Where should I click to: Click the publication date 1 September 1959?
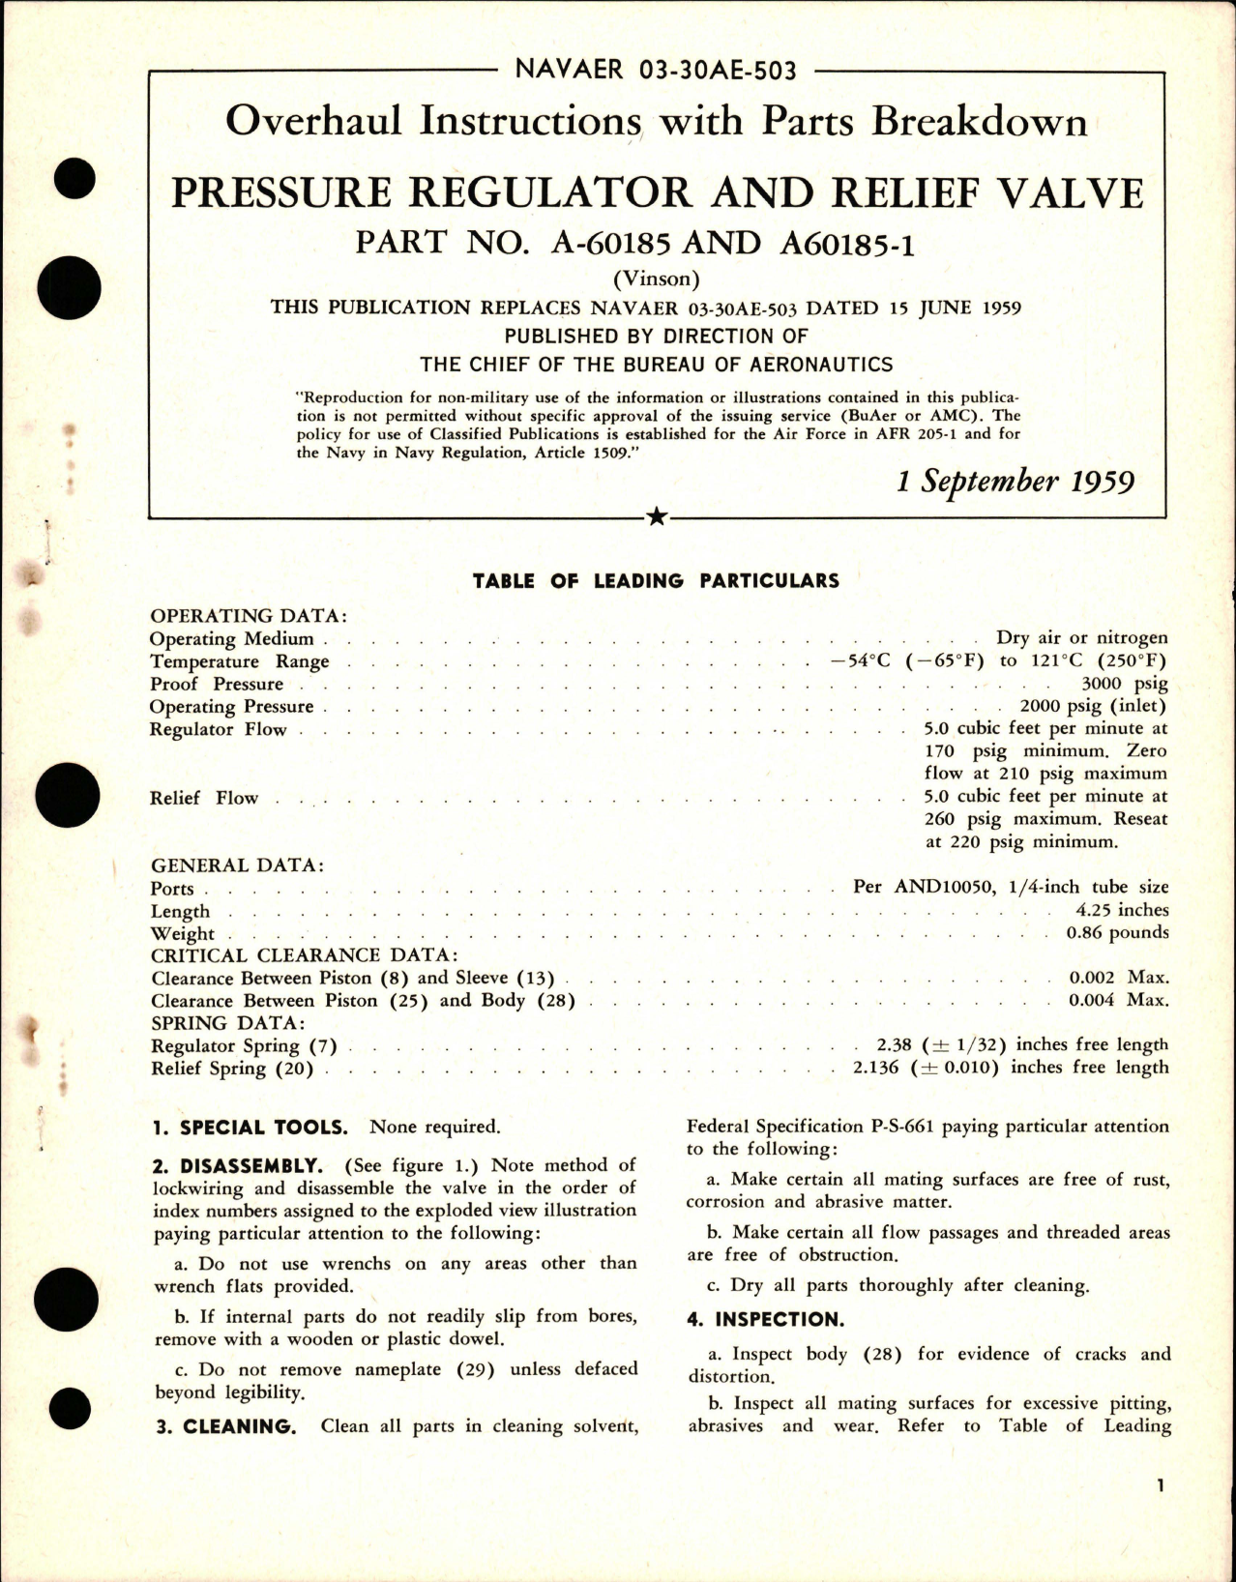[x=1015, y=482]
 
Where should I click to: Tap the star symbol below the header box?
[x=657, y=517]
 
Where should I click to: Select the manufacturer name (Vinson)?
[x=657, y=279]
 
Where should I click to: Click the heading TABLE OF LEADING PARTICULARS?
[x=656, y=581]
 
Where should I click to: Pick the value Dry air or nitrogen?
[x=1081, y=638]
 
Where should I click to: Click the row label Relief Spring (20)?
[x=232, y=1069]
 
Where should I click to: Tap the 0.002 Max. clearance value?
[x=1118, y=978]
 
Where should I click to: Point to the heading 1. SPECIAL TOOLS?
[x=250, y=1128]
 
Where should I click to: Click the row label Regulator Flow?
[x=218, y=729]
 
